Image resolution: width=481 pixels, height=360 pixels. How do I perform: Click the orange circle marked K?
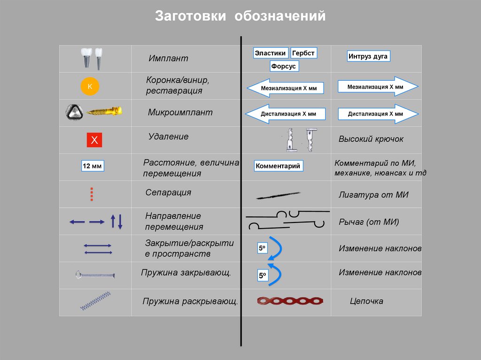click(90, 86)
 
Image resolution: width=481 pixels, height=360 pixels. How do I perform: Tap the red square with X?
click(94, 140)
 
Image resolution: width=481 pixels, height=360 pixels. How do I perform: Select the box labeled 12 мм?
click(92, 166)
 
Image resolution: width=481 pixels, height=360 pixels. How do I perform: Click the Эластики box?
click(270, 53)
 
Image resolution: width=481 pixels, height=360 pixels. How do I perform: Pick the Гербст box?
click(303, 53)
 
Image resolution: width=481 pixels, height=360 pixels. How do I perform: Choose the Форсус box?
click(284, 66)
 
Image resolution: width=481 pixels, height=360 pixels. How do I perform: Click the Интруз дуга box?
click(368, 57)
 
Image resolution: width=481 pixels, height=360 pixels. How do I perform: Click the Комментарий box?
click(278, 166)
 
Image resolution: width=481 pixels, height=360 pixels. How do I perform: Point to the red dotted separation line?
click(92, 193)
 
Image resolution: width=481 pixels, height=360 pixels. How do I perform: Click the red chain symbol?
click(291, 300)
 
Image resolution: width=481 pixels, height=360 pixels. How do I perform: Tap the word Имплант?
click(168, 59)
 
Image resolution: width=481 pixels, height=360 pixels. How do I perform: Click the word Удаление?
click(168, 137)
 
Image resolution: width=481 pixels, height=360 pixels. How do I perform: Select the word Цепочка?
click(366, 301)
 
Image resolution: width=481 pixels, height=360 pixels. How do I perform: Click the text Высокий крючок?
click(371, 139)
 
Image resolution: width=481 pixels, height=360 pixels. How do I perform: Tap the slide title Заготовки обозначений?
click(240, 16)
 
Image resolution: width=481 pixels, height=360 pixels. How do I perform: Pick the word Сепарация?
click(168, 192)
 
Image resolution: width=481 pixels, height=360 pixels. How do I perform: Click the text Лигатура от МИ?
click(373, 195)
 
